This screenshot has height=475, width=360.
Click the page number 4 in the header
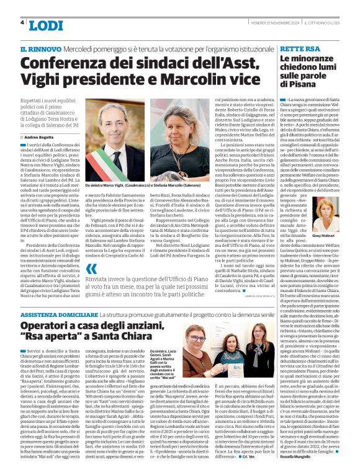tap(22, 23)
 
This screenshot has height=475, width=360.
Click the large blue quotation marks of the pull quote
tap(91, 269)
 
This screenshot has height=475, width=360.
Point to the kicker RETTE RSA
tap(300, 48)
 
